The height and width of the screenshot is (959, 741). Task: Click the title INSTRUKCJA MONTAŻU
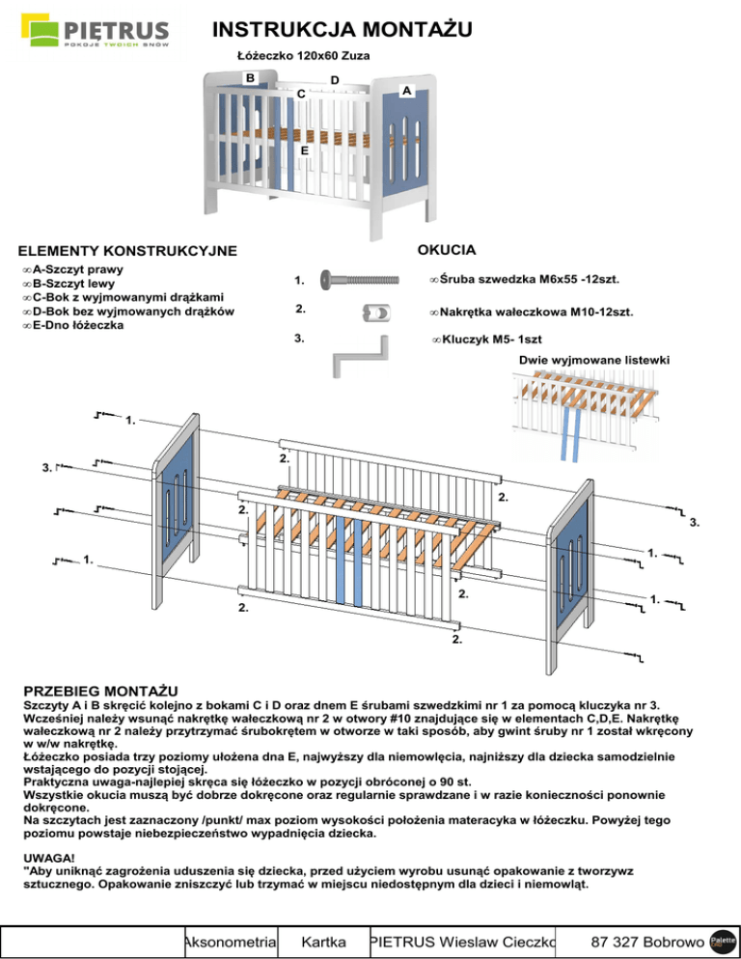coord(342,32)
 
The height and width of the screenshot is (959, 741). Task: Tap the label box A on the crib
coord(408,90)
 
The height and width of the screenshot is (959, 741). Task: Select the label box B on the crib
coord(250,77)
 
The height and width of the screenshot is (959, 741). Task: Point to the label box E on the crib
coord(304,151)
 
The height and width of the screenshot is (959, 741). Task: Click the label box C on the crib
coord(302,94)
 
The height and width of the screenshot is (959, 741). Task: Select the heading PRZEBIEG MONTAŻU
coord(101,691)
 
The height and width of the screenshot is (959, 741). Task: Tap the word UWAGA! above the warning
coord(47,856)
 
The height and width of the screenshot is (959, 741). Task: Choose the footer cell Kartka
coord(324,941)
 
